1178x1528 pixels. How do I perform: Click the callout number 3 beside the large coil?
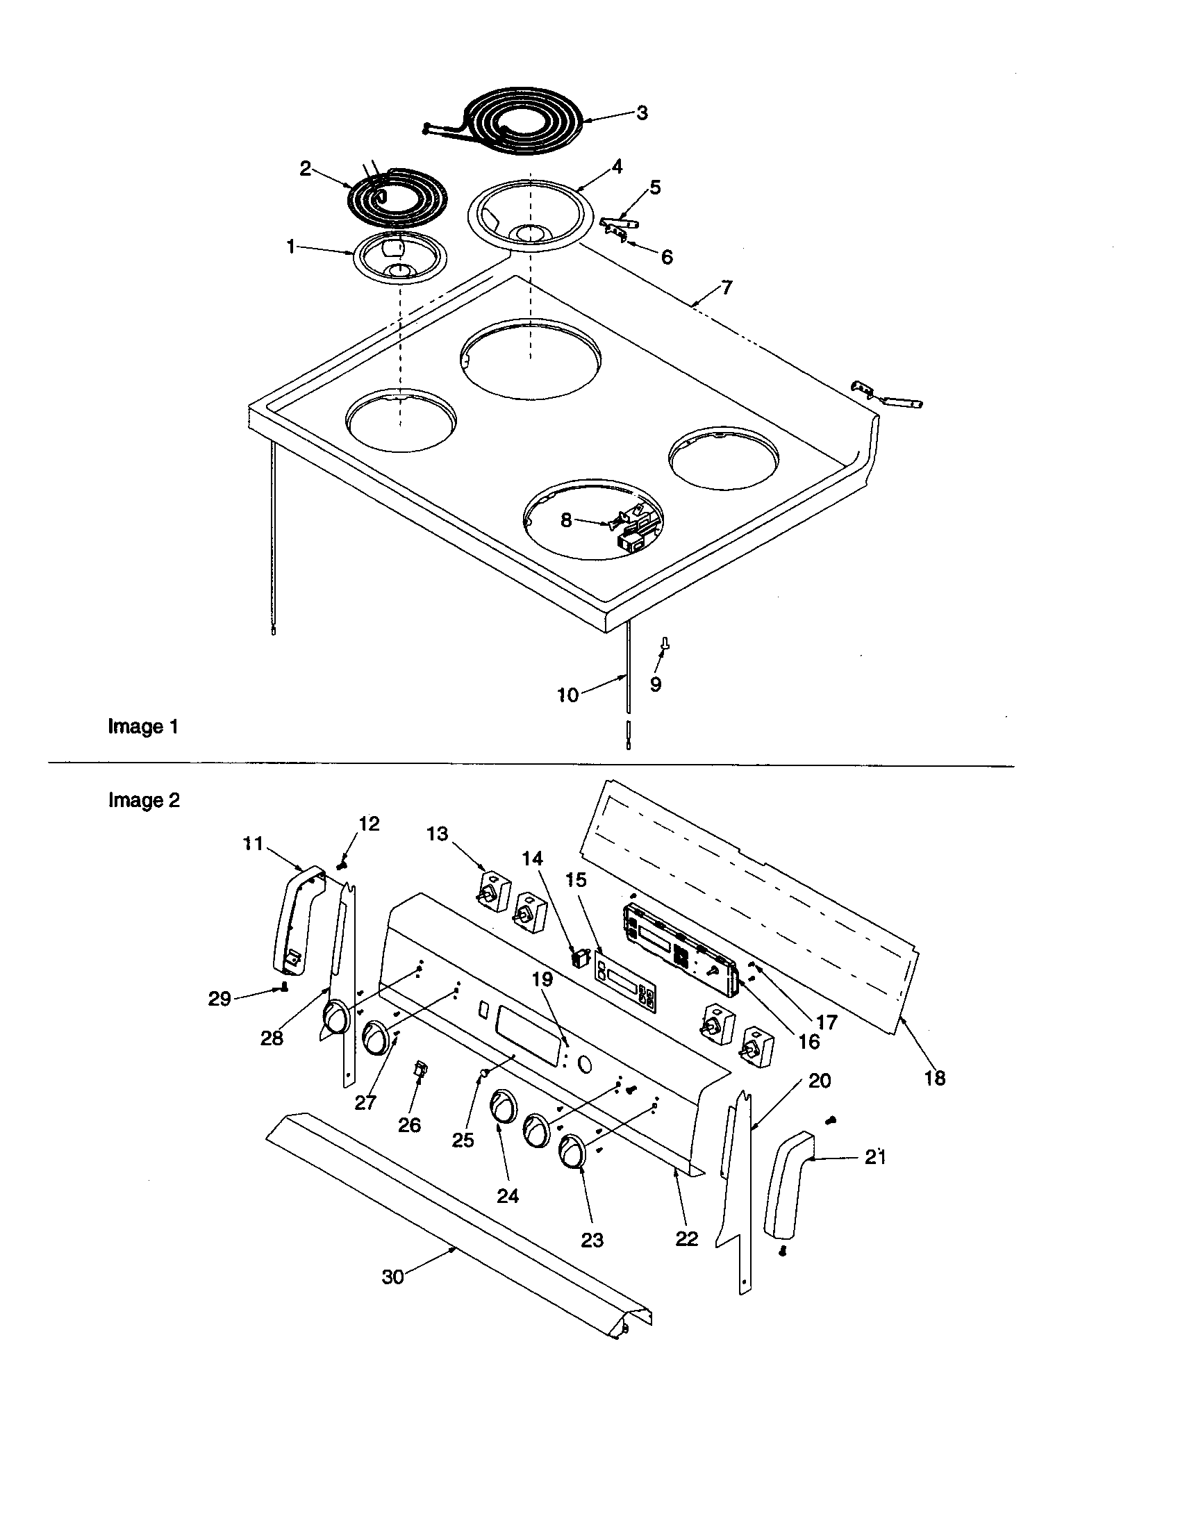point(642,112)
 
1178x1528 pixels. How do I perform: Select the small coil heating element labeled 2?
point(395,199)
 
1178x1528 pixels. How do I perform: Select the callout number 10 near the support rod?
point(567,695)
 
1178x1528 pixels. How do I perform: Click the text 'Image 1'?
point(142,727)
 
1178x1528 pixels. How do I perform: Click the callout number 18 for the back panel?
point(935,1078)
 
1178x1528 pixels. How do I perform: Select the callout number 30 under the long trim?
point(392,1277)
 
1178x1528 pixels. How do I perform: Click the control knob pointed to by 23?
point(574,1152)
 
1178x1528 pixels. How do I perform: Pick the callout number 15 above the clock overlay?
point(577,879)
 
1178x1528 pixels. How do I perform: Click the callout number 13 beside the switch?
point(438,834)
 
